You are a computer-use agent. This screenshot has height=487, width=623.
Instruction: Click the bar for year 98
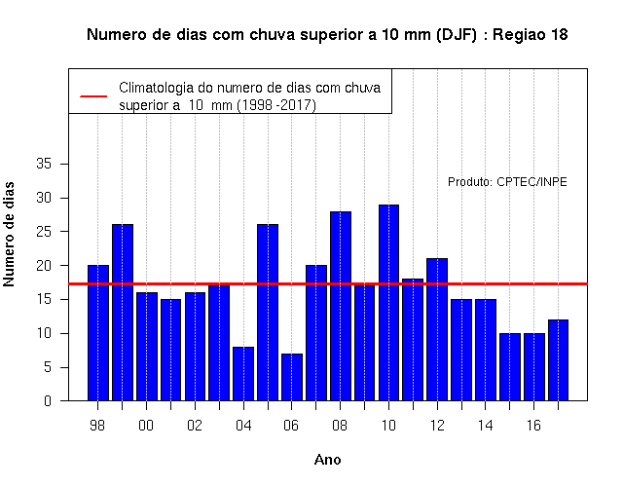98,333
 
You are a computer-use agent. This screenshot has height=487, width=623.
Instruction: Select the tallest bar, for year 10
388,303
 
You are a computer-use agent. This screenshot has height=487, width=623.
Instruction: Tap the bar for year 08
341,306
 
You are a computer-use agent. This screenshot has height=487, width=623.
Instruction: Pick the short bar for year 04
243,374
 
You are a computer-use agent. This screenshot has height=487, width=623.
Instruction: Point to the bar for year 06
292,377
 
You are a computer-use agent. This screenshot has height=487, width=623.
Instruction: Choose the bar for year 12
437,329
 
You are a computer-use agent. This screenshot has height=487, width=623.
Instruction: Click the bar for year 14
486,350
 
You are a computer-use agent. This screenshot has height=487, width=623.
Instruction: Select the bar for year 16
534,367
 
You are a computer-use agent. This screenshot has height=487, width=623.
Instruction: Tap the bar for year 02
195,347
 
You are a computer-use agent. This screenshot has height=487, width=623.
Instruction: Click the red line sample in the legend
93,96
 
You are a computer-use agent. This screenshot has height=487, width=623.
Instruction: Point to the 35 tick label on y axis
44,164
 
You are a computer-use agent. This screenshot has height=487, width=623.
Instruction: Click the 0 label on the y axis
48,400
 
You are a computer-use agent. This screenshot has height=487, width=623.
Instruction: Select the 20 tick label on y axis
44,266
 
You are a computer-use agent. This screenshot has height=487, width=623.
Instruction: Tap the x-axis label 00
146,426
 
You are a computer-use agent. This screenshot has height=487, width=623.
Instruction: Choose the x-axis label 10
388,426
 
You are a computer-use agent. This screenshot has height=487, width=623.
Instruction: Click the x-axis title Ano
327,460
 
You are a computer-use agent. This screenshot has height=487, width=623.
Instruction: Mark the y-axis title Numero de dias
9,235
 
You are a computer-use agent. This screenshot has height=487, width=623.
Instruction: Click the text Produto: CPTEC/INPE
507,182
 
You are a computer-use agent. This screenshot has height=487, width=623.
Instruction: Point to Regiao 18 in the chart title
531,35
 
